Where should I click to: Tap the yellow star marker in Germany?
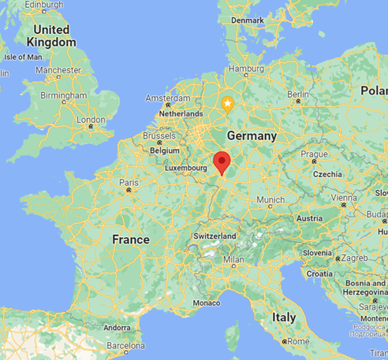(227, 103)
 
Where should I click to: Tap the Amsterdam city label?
(168, 98)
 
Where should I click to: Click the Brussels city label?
(159, 135)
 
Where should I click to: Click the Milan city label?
(234, 259)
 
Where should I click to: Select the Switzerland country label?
(215, 236)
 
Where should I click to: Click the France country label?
(131, 239)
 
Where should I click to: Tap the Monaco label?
(207, 302)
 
